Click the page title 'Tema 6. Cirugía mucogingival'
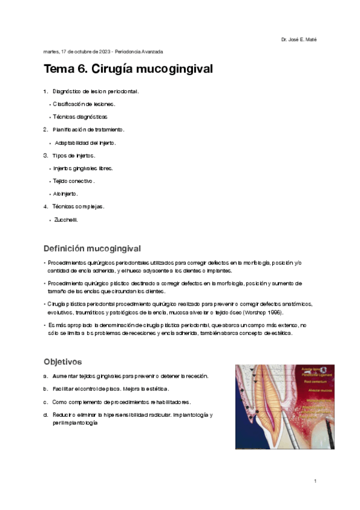pyautogui.click(x=129, y=69)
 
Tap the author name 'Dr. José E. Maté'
pyautogui.click(x=299, y=40)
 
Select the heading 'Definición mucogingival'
pyautogui.click(x=92, y=248)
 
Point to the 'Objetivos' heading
pyautogui.click(x=63, y=361)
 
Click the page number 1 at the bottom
pyautogui.click(x=315, y=481)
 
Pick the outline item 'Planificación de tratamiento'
pyautogui.click(x=88, y=129)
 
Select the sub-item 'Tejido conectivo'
pyautogui.click(x=73, y=180)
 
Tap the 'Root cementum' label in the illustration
pyautogui.click(x=316, y=381)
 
